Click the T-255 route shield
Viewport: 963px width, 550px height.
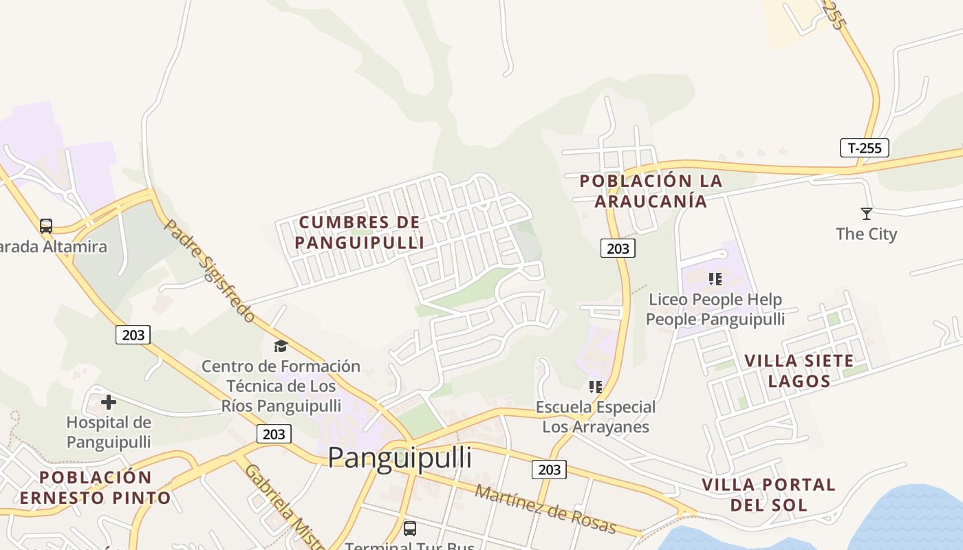865,148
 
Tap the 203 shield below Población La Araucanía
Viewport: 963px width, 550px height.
618,248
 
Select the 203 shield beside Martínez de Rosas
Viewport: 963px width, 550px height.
549,470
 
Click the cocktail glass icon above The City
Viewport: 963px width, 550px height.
866,214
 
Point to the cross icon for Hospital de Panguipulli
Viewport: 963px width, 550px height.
109,402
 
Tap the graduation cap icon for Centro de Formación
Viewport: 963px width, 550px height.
281,346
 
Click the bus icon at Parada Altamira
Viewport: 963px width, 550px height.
46,226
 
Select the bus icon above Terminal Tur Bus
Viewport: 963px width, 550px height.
410,528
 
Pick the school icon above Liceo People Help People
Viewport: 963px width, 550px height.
715,279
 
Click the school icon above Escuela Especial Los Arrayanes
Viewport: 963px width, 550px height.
596,387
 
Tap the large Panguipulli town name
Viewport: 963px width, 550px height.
400,458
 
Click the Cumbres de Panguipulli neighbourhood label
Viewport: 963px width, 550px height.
359,232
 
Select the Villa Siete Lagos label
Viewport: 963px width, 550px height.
799,371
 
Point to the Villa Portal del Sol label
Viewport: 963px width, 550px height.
768,494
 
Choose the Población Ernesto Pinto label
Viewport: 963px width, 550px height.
96,487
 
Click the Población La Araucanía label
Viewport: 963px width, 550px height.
651,191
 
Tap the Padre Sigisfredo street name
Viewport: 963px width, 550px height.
210,271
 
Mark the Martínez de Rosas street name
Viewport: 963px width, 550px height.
545,509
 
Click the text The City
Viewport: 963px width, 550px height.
866,234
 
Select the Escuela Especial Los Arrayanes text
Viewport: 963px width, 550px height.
596,417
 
